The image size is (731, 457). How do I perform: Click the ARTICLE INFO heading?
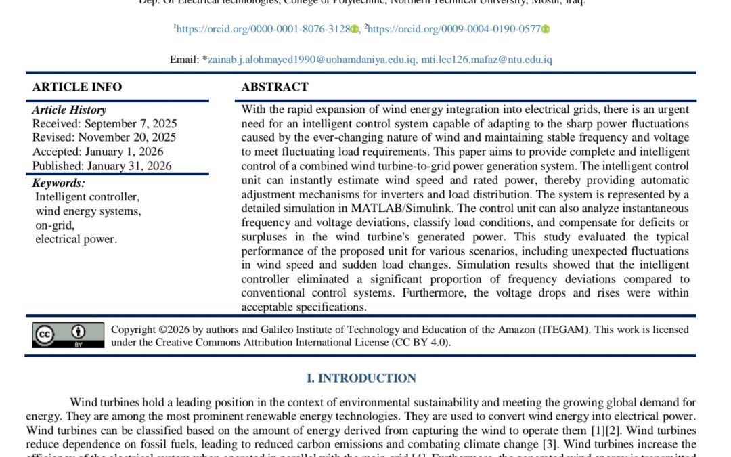click(77, 87)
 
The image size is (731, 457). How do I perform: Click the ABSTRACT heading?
click(275, 87)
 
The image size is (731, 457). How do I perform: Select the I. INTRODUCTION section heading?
click(361, 378)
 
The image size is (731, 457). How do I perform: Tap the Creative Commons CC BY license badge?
click(68, 335)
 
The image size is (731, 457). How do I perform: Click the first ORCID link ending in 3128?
click(263, 29)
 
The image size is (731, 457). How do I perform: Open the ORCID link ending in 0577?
click(453, 29)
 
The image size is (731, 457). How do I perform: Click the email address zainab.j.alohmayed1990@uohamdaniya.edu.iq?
click(312, 60)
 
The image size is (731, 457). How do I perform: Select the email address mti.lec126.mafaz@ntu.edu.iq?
click(487, 60)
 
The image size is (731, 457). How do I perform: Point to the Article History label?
click(69, 110)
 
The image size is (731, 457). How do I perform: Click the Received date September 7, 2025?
click(105, 123)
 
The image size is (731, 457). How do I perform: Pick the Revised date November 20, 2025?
click(104, 137)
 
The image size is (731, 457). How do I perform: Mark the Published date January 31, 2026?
click(102, 166)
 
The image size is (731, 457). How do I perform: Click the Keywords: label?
click(59, 183)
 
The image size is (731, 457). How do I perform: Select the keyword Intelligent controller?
click(87, 197)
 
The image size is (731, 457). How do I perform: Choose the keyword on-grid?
click(55, 225)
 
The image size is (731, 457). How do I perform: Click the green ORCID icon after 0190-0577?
click(546, 29)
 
